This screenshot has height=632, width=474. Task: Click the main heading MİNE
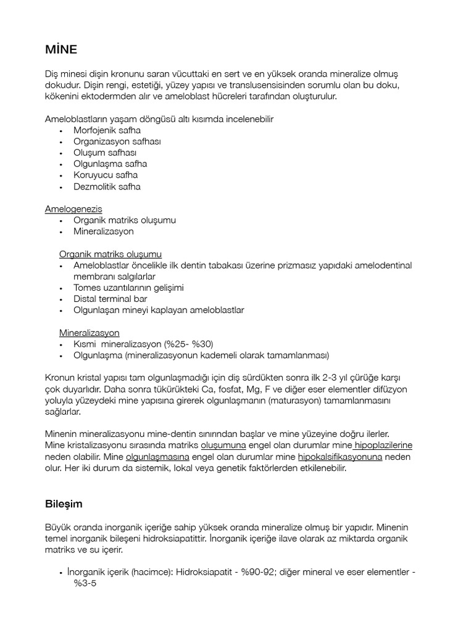click(x=61, y=49)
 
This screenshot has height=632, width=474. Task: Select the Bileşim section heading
click(x=64, y=504)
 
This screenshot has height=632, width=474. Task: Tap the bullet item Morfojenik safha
click(x=107, y=130)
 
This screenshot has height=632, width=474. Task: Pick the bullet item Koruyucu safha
click(x=106, y=175)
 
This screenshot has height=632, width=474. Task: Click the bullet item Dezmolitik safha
click(x=107, y=186)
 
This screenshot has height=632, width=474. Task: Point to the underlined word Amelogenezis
click(x=73, y=209)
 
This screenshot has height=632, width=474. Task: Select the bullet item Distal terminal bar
click(x=110, y=299)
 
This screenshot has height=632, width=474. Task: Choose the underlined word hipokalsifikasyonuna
click(x=340, y=457)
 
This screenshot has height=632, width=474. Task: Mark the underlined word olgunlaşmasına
click(x=157, y=457)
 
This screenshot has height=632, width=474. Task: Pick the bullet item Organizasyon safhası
click(x=117, y=141)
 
